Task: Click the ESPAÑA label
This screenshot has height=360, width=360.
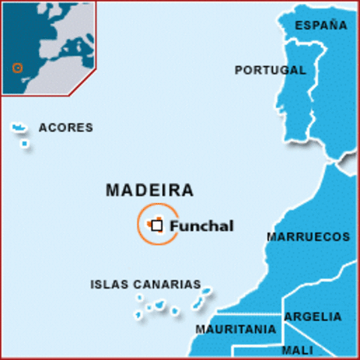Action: [321, 25]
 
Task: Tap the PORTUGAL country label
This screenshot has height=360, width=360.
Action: [270, 70]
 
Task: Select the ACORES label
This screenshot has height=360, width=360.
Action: [66, 127]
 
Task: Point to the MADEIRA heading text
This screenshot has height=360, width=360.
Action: [150, 190]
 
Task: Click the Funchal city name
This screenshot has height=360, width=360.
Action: [202, 226]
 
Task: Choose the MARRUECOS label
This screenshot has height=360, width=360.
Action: [307, 237]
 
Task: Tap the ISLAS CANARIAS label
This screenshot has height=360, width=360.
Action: [145, 285]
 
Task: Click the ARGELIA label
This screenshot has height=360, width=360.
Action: [313, 317]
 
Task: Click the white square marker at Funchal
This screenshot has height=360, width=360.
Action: [157, 224]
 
